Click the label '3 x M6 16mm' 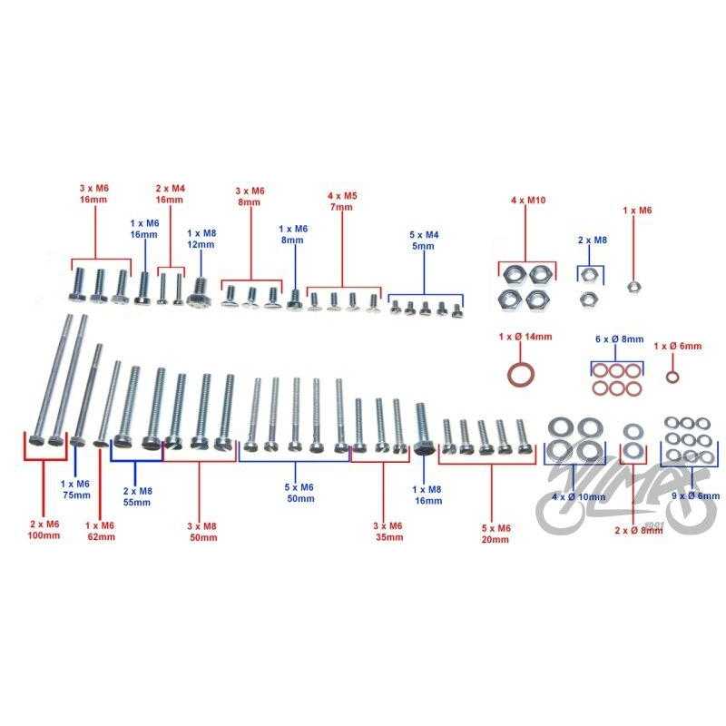93,194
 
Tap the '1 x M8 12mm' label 201,239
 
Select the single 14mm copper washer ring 522,375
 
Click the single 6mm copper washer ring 672,377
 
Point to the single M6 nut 633,287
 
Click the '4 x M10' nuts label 528,200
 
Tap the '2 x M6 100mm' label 44,530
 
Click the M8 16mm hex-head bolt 422,428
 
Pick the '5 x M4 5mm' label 424,240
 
